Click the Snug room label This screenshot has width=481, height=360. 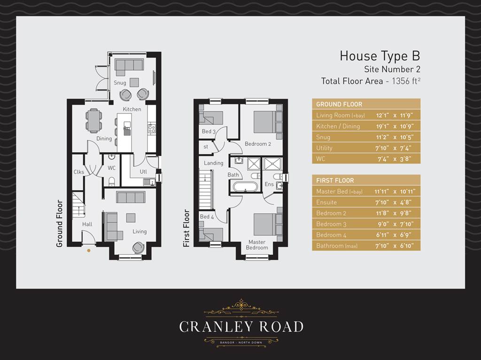coord(120,83)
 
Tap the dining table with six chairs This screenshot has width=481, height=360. coord(93,120)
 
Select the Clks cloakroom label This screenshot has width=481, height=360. coord(78,172)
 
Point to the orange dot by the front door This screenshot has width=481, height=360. coord(88,251)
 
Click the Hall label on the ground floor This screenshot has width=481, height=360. coord(87,225)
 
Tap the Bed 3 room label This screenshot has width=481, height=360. coord(209,132)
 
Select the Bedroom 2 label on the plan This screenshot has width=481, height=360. coord(257,144)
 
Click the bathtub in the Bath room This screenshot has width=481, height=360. coord(245,187)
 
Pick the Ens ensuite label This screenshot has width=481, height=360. coord(269,184)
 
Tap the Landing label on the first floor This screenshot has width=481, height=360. coord(213,163)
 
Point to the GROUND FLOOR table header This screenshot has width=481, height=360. coord(339,104)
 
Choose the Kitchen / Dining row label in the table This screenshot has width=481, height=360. coord(338,126)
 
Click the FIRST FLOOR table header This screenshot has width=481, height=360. coord(335,180)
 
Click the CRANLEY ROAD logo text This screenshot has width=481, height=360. coord(241,327)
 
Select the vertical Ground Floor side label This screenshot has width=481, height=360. coord(60,224)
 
